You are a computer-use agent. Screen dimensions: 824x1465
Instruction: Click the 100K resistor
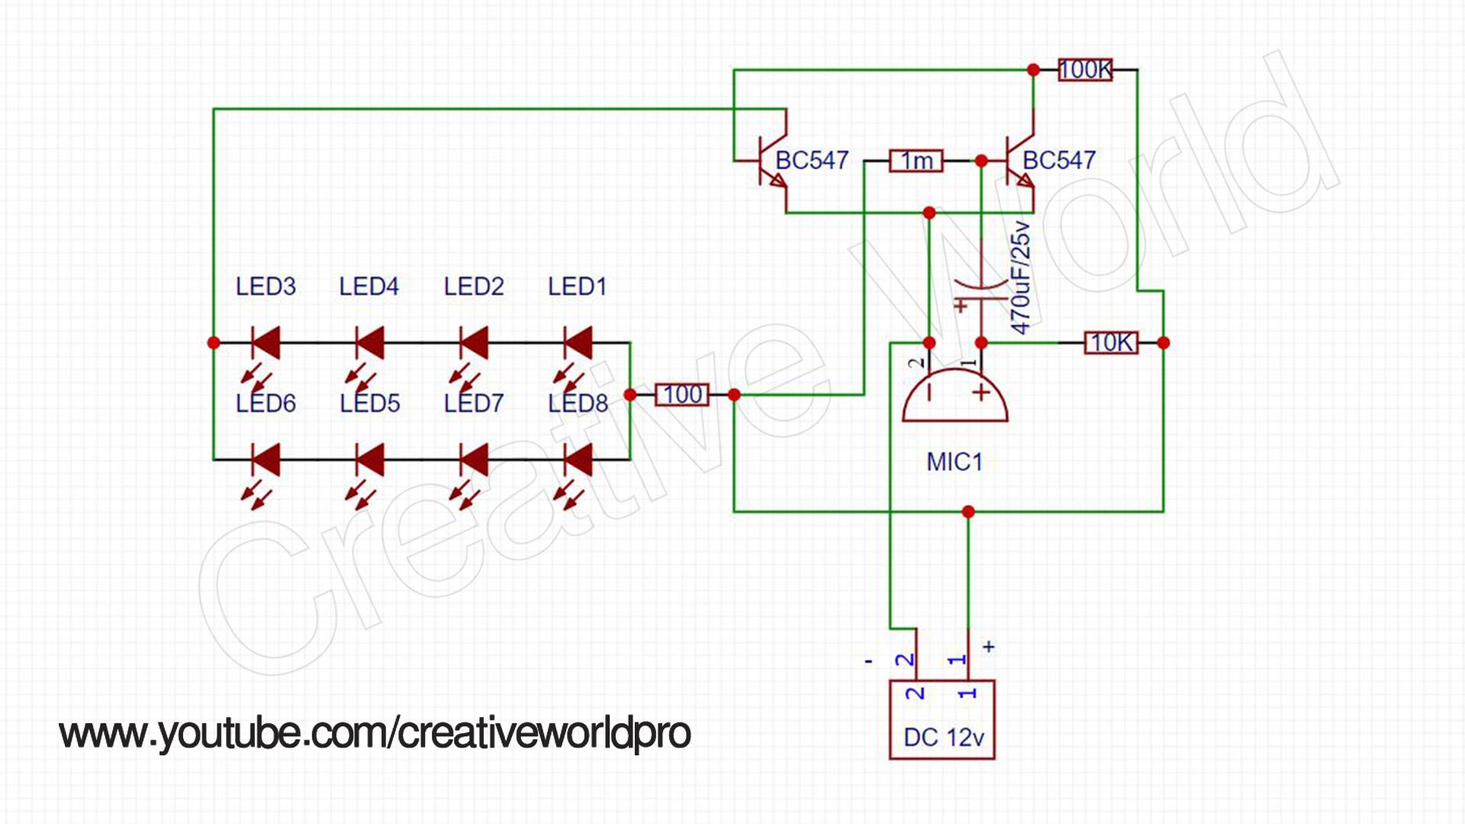click(1084, 70)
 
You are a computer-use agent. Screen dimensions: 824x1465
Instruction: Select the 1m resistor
click(916, 161)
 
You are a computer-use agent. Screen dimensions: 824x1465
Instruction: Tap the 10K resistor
click(1111, 343)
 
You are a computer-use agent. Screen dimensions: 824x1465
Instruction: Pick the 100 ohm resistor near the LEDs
click(682, 394)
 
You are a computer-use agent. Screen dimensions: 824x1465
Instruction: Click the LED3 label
click(266, 287)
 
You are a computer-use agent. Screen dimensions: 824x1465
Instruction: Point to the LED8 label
click(578, 404)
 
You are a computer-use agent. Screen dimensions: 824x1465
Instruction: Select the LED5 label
click(369, 404)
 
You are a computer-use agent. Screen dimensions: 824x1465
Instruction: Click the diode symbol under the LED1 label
click(578, 343)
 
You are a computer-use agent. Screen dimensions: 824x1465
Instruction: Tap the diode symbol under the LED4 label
click(370, 343)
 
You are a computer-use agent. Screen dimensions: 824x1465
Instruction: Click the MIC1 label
click(954, 462)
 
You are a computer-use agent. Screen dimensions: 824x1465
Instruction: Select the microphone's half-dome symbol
click(955, 397)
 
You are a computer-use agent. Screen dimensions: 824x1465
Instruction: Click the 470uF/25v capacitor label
click(1020, 278)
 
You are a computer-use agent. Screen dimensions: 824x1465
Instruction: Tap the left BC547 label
click(812, 160)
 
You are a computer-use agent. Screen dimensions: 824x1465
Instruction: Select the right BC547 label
click(1059, 160)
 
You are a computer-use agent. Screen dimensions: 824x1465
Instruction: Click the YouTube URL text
click(375, 733)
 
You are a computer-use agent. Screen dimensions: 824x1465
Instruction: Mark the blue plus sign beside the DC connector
click(989, 647)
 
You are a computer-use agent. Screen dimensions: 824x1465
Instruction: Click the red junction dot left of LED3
click(214, 343)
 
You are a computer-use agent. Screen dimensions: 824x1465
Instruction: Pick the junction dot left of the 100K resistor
click(1033, 70)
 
